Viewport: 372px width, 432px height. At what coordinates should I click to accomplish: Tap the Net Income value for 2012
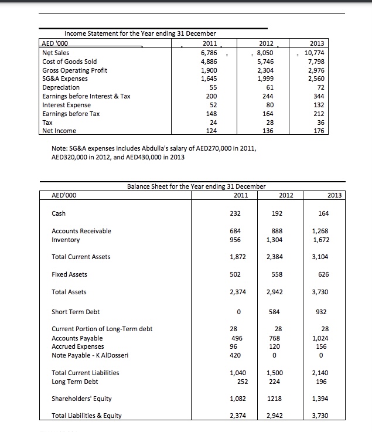tap(270, 131)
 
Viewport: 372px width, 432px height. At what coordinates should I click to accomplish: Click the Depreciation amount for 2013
tap(327, 87)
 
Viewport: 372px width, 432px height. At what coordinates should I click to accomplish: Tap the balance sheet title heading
tap(196, 186)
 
